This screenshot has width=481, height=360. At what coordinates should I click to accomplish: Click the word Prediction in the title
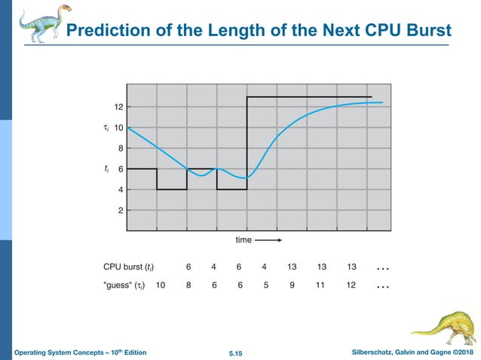102,31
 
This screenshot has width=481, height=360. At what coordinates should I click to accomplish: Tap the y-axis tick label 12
118,108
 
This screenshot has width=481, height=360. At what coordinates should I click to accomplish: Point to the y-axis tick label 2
120,210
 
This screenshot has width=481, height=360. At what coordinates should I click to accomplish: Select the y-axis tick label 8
120,149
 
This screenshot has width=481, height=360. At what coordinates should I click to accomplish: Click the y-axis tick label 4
120,190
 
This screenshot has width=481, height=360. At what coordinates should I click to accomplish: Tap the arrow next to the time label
268,240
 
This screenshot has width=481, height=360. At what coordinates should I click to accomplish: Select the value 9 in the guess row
291,285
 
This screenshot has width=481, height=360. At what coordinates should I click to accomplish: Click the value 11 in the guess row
322,285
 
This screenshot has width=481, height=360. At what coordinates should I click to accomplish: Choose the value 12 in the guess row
351,285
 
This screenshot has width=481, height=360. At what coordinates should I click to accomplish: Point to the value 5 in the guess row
265,285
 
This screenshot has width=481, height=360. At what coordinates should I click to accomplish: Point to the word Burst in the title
427,31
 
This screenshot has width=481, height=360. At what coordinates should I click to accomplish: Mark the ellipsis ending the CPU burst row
382,268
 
